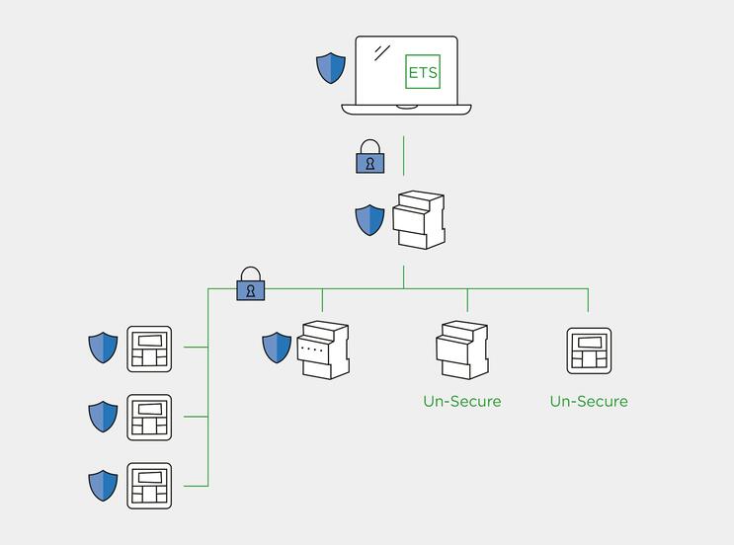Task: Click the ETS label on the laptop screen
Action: tap(423, 72)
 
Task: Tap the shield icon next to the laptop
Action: tap(331, 68)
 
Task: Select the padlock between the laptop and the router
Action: tap(369, 158)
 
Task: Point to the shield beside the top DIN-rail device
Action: tap(369, 219)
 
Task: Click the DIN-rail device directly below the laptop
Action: tap(419, 220)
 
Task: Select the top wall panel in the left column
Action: tap(149, 350)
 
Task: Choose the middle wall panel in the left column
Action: tap(149, 418)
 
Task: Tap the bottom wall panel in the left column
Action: tap(149, 486)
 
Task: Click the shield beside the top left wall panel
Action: tap(103, 348)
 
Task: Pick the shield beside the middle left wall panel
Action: tap(103, 416)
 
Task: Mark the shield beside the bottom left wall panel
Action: tap(103, 485)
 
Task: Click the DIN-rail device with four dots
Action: tap(324, 350)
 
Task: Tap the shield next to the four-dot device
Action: tap(277, 348)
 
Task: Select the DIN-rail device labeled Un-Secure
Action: tap(462, 350)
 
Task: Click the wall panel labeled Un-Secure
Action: tap(589, 350)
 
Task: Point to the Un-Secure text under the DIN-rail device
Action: tap(462, 402)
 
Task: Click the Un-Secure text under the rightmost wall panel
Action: tap(589, 402)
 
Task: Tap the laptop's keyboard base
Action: tap(406, 108)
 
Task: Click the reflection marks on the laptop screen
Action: tap(381, 53)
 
